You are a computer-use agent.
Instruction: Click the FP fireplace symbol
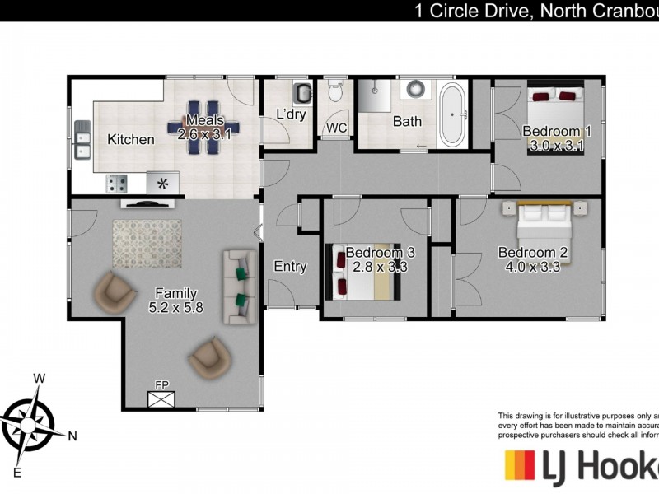point(162,398)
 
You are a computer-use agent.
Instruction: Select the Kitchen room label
point(130,139)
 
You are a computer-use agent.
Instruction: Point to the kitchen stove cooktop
point(116,184)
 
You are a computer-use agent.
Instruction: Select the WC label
point(336,128)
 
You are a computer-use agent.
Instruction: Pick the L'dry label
point(291,114)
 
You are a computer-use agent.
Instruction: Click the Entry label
point(290,266)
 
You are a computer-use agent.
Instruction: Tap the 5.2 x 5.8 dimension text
point(175,307)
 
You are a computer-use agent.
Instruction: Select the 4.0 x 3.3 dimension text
point(533,266)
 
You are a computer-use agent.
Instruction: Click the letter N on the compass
point(72,436)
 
